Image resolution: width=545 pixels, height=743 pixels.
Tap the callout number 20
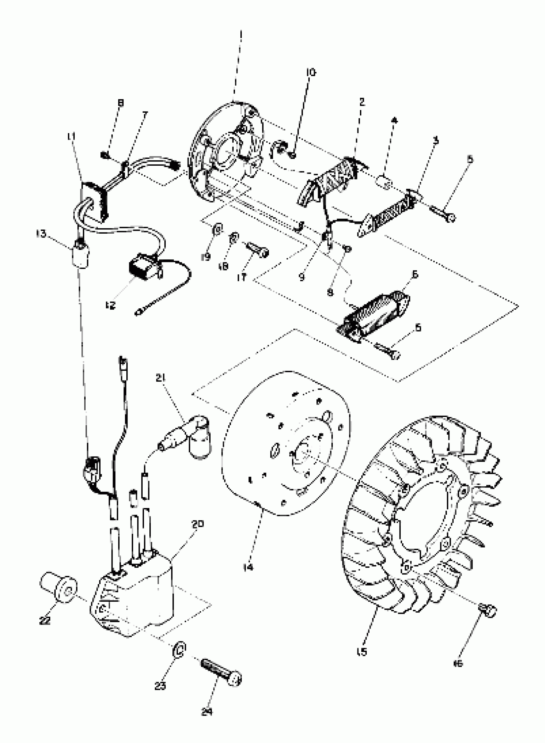[197, 524]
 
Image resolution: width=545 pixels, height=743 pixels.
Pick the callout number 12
[111, 305]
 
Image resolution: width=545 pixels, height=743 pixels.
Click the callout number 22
[45, 620]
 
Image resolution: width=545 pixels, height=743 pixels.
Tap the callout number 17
[241, 277]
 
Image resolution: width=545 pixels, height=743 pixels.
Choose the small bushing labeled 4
[384, 182]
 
